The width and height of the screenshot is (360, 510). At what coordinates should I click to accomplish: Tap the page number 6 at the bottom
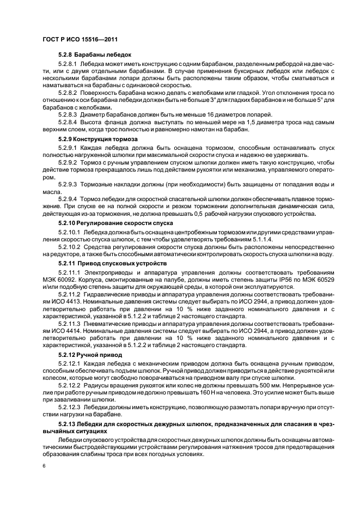point(44,466)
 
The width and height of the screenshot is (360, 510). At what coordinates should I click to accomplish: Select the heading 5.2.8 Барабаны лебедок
point(95,56)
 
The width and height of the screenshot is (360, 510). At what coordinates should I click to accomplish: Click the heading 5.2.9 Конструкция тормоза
point(98,139)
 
